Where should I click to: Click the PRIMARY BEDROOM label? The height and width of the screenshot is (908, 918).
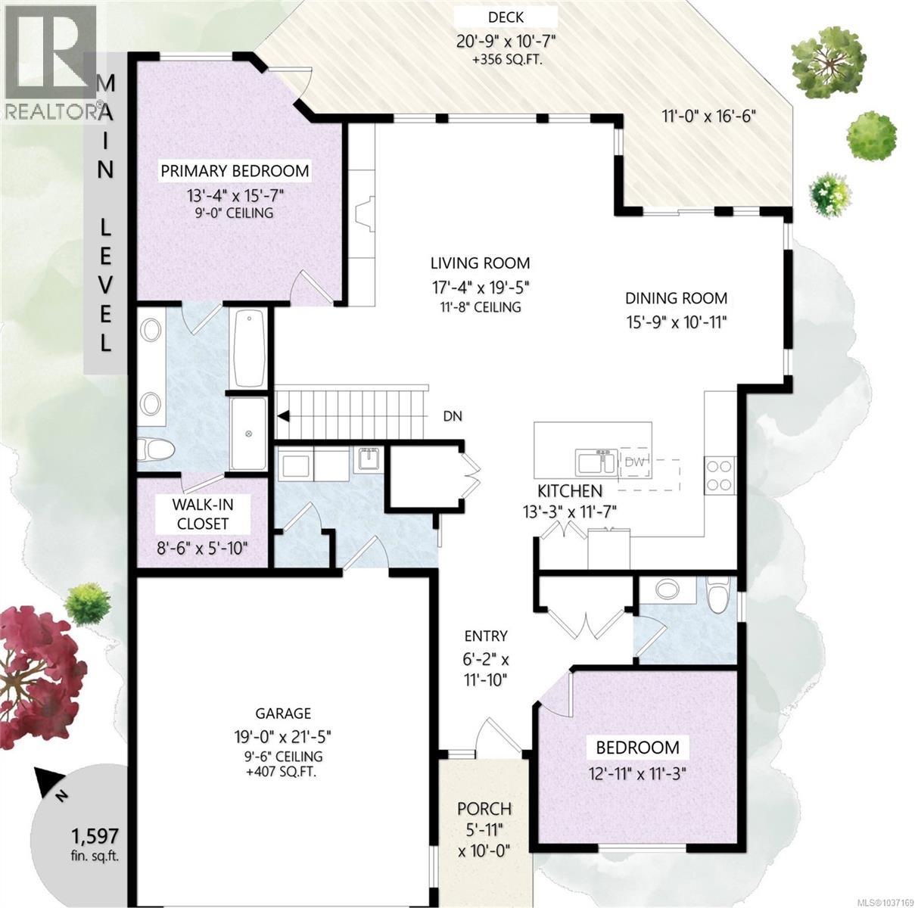point(235,170)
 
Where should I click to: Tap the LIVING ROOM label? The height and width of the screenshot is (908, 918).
point(480,263)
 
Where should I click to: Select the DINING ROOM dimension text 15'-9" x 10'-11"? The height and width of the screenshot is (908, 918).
point(676,322)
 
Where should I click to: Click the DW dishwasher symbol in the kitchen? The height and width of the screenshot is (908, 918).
point(634,462)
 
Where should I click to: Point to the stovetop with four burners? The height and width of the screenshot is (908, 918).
point(720,474)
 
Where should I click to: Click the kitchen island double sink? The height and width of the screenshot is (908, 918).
point(596,462)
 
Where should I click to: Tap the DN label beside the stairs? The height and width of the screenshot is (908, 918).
point(452,416)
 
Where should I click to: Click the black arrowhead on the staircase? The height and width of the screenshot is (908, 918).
point(284,416)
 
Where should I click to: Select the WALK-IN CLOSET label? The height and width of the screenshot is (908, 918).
point(203,514)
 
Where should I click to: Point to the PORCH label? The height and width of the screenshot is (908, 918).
point(484,809)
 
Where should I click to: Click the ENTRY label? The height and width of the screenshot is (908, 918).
point(486,636)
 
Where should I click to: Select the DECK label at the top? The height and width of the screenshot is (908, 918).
point(506,17)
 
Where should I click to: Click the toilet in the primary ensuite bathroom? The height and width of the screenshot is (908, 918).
point(156,449)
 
